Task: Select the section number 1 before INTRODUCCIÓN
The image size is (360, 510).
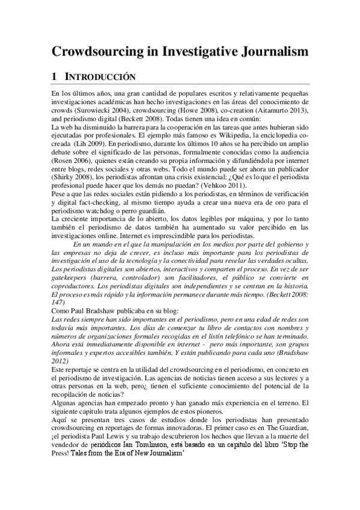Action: coord(55,77)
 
